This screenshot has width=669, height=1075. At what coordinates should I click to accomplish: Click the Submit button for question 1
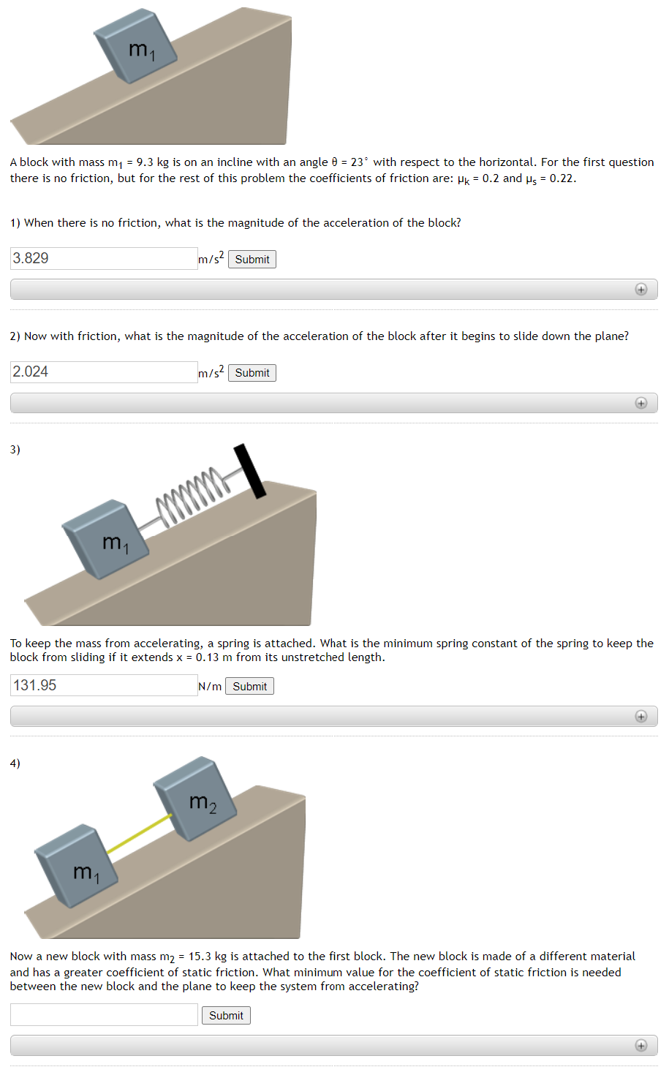[252, 260]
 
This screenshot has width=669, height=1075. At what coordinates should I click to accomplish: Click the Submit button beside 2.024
[252, 373]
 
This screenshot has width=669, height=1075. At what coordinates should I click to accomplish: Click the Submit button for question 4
[226, 1016]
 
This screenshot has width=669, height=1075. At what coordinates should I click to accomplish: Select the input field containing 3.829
[104, 258]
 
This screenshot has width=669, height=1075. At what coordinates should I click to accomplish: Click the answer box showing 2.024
[104, 371]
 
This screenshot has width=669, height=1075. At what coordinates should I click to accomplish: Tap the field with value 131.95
[104, 685]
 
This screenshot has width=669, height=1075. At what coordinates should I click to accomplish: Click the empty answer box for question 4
[104, 1014]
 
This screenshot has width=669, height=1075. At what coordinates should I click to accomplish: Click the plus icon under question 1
[641, 290]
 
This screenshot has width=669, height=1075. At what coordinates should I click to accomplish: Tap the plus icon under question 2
[641, 403]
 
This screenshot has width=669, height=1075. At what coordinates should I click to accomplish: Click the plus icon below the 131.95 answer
[641, 717]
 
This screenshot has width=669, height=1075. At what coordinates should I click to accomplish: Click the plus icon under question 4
[641, 1046]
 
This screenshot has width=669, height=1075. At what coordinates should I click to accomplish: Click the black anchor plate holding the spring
[249, 471]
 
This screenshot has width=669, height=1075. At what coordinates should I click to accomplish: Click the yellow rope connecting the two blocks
[139, 833]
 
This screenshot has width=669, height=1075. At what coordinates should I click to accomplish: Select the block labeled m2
[196, 799]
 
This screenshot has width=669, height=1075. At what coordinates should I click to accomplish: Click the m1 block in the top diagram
[136, 48]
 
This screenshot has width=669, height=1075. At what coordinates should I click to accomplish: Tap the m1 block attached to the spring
[106, 539]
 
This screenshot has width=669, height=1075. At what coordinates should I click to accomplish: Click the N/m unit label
[210, 687]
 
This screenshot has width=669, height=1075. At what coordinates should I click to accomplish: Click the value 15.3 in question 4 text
[200, 957]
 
